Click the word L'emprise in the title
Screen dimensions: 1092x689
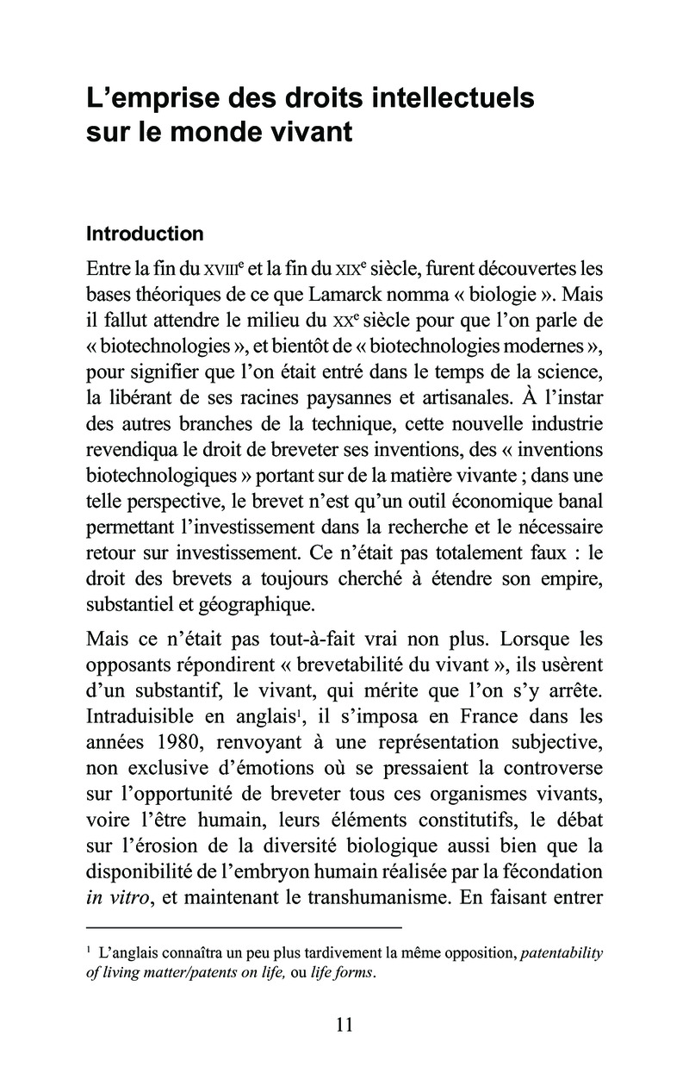(x=146, y=98)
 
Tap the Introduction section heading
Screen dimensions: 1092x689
(x=146, y=234)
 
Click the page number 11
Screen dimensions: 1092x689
(x=344, y=1024)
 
